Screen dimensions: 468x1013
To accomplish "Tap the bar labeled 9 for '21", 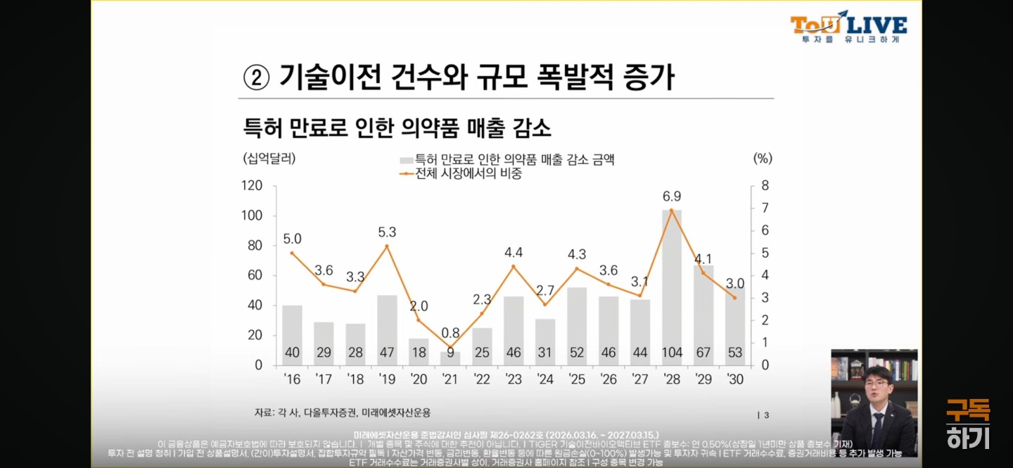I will point(450,358).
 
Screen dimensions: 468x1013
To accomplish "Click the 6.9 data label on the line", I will point(672,196).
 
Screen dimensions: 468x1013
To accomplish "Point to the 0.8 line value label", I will point(450,332).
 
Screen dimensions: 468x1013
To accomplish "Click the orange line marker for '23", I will point(514,267).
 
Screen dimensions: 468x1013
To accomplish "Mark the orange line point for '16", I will point(292,253).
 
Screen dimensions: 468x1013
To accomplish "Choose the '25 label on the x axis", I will point(576,379).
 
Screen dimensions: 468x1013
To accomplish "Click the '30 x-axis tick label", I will point(734,379).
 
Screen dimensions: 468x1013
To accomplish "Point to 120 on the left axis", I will point(252,186).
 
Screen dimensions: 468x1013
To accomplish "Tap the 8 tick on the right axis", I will point(765,186).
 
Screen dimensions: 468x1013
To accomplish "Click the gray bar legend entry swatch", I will point(407,160).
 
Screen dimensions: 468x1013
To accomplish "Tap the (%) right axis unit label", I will point(763,158).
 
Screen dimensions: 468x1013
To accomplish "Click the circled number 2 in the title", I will point(257,77).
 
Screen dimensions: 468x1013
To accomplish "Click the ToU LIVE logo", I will point(848,27).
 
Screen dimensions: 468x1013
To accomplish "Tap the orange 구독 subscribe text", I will point(967,410).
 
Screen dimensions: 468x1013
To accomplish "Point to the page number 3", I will point(767,415).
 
